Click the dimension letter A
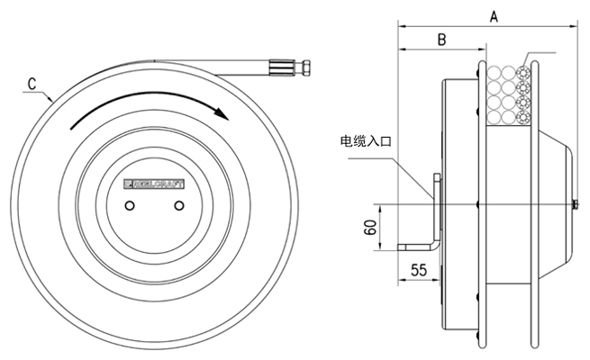pyautogui.click(x=494, y=15)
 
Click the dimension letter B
pyautogui.click(x=441, y=40)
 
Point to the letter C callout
pyautogui.click(x=32, y=84)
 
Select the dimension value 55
pyautogui.click(x=418, y=269)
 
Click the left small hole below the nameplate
pyautogui.click(x=131, y=206)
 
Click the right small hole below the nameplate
pyautogui.click(x=178, y=206)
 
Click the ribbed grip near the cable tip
pyautogui.click(x=279, y=67)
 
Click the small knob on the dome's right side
pyautogui.click(x=575, y=206)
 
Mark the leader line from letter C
pyautogui.click(x=47, y=92)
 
